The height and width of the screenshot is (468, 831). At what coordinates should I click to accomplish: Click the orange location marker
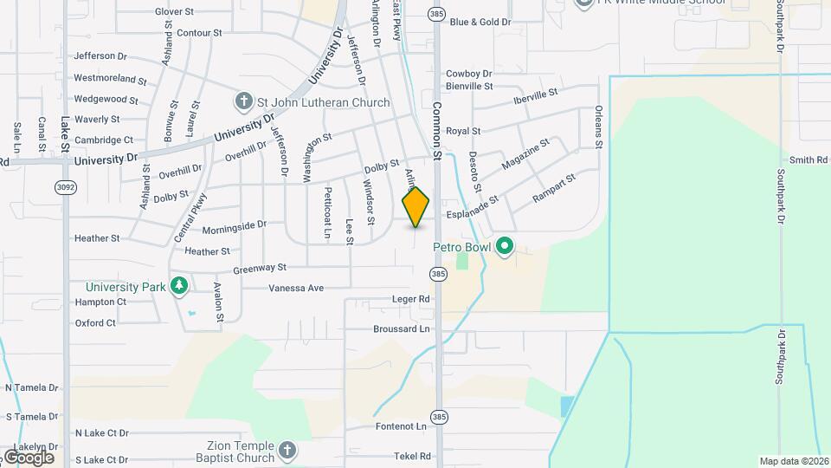pos(416,207)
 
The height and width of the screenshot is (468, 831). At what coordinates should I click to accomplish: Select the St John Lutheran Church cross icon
pos(244,102)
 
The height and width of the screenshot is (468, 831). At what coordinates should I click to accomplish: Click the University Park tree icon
pos(179,286)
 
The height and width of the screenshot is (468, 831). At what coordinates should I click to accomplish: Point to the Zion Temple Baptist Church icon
pos(287,451)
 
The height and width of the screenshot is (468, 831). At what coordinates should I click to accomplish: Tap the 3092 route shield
pos(64,187)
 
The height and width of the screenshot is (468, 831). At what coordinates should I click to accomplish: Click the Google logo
pos(28,457)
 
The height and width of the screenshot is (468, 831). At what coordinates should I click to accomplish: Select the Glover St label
pos(174,11)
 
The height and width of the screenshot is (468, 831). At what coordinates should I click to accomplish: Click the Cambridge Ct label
pos(104,140)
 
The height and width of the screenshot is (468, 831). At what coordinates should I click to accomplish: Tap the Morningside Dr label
pos(234,224)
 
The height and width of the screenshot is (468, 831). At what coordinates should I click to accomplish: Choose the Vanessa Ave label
pos(295,288)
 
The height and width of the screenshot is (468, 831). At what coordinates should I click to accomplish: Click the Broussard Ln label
pos(401,329)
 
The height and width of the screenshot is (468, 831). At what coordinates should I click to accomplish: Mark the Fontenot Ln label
pos(401,426)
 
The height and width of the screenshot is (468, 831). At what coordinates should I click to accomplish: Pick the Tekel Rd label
pos(412,456)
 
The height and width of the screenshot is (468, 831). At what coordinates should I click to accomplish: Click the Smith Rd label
pos(808,160)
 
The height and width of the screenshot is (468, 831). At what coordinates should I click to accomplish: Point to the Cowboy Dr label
pos(468,75)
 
